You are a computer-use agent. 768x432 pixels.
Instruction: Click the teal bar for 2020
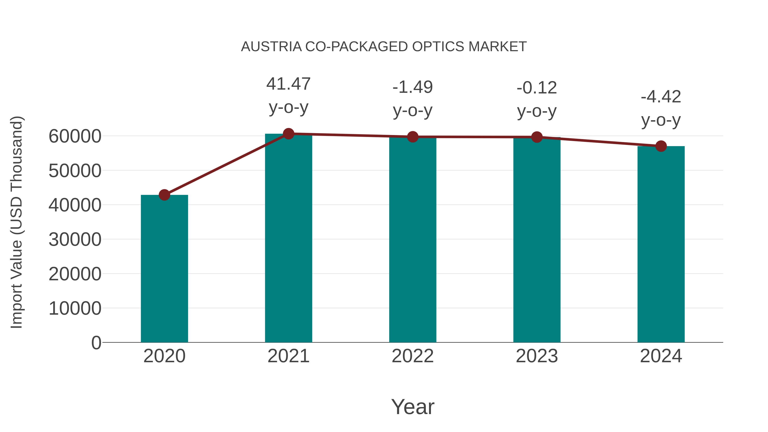pos(164,268)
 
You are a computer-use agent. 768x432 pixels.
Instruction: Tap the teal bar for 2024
pos(661,244)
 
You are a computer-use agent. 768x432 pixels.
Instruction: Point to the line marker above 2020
pos(164,195)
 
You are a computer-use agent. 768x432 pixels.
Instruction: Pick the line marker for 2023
pos(537,137)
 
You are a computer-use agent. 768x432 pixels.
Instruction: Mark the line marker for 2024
pos(661,146)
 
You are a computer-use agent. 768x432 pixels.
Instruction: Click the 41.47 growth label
pos(288,84)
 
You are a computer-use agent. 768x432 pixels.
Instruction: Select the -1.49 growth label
pos(413,87)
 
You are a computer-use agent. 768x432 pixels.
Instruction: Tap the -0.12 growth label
pos(537,88)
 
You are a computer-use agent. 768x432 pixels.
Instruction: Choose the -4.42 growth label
pos(661,97)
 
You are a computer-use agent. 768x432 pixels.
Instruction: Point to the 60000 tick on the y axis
pos(75,137)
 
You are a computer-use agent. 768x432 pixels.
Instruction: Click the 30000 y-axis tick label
pos(75,240)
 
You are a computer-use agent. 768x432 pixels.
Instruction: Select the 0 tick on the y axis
pos(96,343)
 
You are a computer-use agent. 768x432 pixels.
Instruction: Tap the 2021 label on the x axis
pos(288,356)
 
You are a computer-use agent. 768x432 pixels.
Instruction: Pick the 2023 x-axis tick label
pos(537,356)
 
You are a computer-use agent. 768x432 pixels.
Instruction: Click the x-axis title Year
pos(413,407)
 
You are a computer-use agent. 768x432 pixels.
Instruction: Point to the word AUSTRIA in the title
pos(271,47)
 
